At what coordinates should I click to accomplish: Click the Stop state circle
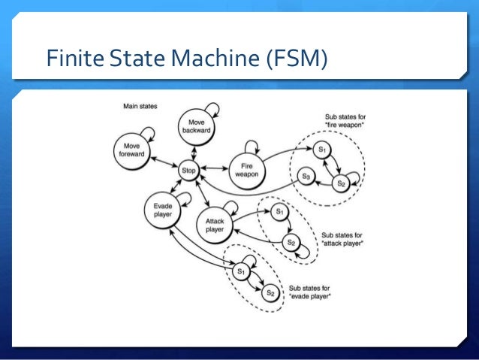coord(188,171)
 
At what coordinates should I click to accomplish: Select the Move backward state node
coord(197,126)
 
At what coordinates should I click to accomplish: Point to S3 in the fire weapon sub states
coord(306,176)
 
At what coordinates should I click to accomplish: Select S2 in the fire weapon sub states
coord(342,183)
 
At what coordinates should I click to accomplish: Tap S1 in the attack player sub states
coord(279,213)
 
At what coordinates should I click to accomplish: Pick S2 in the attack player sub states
coord(293,243)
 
